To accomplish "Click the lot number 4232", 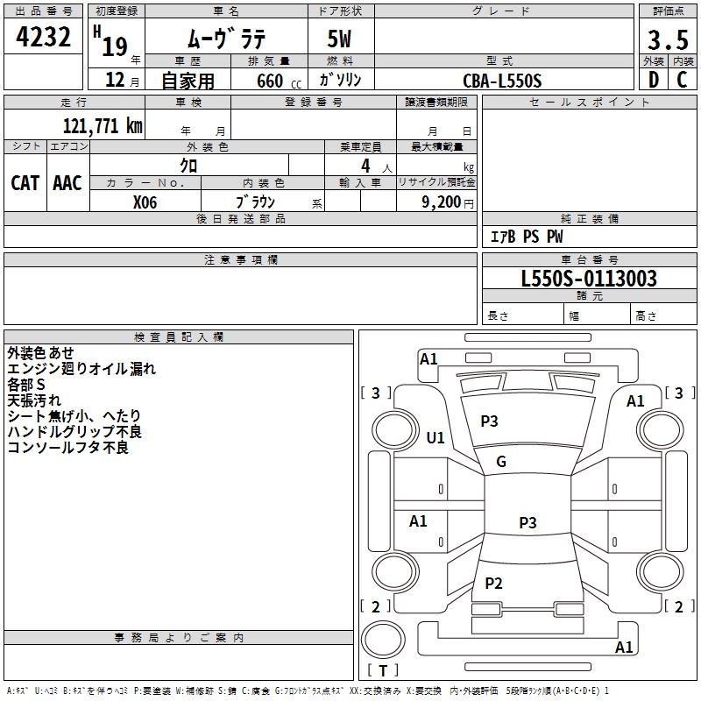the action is [x=43, y=37].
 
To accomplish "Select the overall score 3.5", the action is [x=668, y=39].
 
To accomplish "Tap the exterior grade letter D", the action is [x=654, y=80].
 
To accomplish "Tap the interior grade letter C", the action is [x=682, y=80].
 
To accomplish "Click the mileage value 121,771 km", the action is [x=103, y=126].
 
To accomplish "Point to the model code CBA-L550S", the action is [x=502, y=81].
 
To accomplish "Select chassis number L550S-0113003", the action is [x=589, y=278].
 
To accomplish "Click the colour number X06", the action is [x=145, y=202].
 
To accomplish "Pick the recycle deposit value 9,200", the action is [x=442, y=202].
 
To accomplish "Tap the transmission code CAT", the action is [x=25, y=183].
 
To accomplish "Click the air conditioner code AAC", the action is [x=67, y=183].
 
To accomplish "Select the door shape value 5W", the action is [x=339, y=39].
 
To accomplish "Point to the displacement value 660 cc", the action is [x=279, y=81].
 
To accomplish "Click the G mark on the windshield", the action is [x=501, y=462].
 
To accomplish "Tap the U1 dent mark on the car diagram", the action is [x=435, y=437].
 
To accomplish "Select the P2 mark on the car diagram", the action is [x=493, y=583].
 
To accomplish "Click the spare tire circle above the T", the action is [x=383, y=640].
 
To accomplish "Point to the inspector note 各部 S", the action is [x=26, y=385].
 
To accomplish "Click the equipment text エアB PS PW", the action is [x=527, y=237].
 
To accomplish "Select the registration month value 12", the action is [x=115, y=80].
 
